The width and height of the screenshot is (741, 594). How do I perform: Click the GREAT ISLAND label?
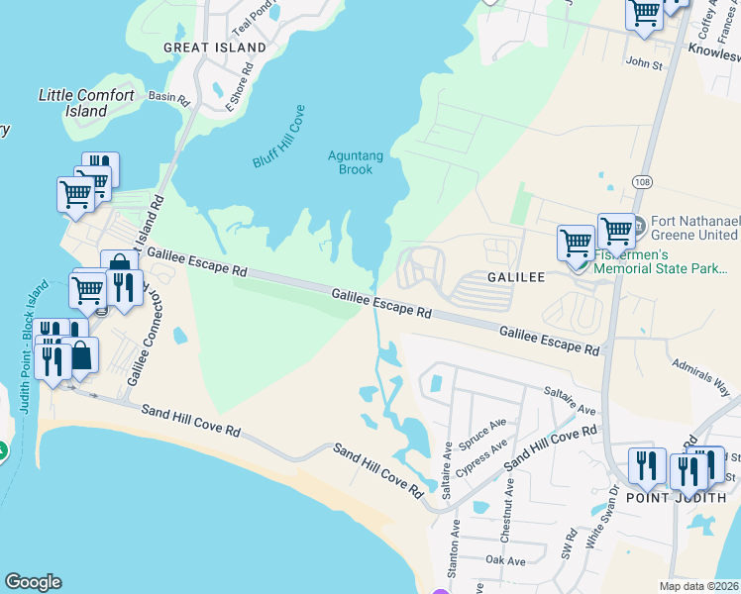[215, 48]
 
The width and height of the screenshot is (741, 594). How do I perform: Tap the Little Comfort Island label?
[86, 103]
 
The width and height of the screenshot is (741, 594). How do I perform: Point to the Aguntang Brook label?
[351, 162]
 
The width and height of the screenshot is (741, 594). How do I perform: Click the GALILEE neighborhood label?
[516, 278]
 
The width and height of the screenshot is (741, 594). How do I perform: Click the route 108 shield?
[642, 182]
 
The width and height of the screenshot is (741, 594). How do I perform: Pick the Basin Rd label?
[167, 96]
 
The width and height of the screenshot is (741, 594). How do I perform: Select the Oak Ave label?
[505, 560]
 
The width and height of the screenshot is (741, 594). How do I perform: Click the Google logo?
[33, 582]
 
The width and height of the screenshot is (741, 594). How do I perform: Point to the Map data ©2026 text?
[697, 586]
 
